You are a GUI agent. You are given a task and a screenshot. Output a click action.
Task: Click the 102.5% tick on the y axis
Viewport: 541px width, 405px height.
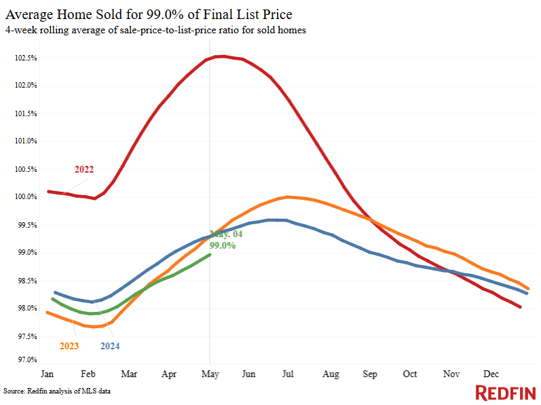(26, 58)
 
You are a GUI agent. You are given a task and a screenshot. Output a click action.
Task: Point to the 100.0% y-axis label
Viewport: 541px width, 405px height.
(26, 197)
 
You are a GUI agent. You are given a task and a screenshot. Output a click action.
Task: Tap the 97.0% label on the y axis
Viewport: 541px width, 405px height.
(27, 359)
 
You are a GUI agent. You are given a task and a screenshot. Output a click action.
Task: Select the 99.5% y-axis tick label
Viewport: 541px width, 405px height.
(27, 225)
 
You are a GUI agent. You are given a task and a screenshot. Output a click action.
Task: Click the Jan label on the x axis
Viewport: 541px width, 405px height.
(48, 374)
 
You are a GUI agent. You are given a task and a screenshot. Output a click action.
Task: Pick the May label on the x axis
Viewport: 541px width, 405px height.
(210, 374)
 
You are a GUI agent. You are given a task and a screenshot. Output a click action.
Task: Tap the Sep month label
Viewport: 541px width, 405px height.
(370, 374)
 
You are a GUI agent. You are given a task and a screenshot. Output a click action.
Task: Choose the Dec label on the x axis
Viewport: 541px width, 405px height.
(491, 374)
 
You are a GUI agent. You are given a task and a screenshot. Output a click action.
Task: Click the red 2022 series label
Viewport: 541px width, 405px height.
(84, 169)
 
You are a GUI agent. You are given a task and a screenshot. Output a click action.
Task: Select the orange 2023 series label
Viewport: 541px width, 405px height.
(69, 346)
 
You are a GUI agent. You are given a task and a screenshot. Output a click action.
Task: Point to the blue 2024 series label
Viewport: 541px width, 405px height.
(110, 346)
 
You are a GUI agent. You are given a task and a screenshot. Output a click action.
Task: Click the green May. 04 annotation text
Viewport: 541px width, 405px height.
(226, 234)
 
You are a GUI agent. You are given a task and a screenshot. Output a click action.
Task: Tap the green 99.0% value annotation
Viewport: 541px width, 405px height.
(223, 245)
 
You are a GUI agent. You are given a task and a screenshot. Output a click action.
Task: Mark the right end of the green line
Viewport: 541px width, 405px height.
(210, 255)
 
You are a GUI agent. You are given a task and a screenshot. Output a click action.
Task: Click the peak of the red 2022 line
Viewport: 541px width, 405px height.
(223, 56)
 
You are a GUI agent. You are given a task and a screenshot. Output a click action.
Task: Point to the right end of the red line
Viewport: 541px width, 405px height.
(520, 306)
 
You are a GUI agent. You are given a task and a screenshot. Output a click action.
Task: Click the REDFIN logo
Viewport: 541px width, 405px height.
(506, 393)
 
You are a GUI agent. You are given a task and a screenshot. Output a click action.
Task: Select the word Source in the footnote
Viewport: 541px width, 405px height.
(14, 391)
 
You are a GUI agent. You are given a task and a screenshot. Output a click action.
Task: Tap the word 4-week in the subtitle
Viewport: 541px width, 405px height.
(21, 30)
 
